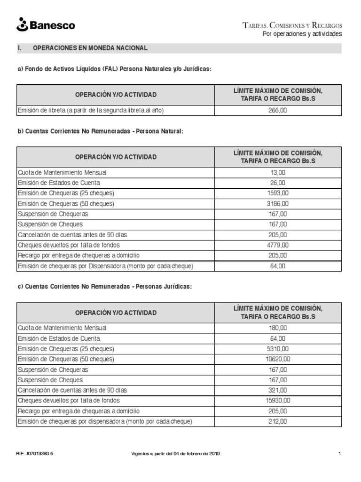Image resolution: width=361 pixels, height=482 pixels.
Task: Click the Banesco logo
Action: (45, 25)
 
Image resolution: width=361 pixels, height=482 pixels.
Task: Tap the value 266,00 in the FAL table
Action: (278, 111)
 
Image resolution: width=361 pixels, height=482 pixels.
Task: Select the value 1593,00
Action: (278, 193)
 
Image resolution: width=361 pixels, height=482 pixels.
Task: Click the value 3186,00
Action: (278, 204)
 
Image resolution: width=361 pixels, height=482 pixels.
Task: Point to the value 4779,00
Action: (278, 245)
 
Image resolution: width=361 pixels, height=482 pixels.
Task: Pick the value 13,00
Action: (278, 173)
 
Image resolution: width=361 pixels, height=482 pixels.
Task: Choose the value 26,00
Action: (278, 183)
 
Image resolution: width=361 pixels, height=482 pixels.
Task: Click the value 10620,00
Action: (278, 359)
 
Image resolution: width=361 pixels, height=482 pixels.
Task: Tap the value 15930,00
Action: (278, 401)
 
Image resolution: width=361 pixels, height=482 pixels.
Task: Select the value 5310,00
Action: (278, 349)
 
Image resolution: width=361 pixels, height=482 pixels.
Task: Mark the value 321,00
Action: (278, 390)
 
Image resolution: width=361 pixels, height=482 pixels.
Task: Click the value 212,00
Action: (278, 421)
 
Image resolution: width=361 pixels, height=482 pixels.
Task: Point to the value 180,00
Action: (278, 328)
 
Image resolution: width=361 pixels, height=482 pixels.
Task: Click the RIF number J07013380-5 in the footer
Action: (35, 454)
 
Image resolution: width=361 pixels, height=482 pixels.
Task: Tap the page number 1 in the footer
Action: (339, 454)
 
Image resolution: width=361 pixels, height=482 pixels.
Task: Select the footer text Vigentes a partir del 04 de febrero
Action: (174, 454)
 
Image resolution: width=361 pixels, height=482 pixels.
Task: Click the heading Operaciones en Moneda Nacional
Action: (90, 48)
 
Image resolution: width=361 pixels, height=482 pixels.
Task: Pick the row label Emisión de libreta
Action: (90, 111)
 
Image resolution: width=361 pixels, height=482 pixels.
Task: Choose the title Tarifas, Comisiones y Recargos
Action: (292, 25)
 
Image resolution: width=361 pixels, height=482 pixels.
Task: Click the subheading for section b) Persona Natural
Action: (100, 131)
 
